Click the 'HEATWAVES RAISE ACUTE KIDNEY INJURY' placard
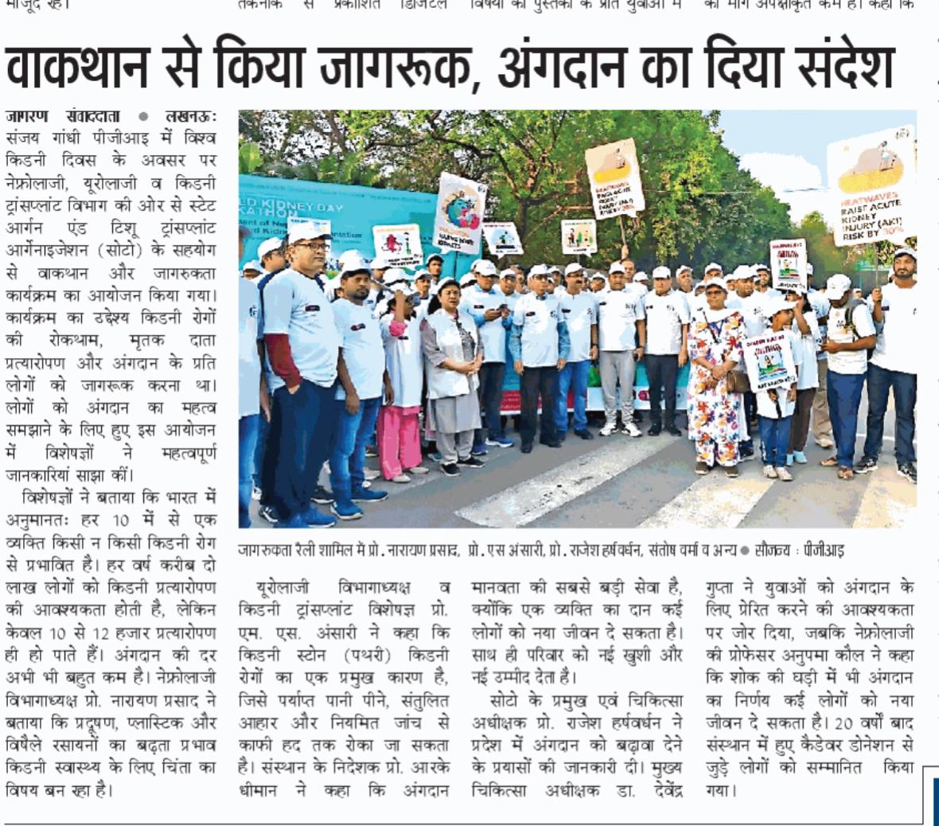872,187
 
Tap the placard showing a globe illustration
460,213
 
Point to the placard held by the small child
770,360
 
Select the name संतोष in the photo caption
667,551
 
